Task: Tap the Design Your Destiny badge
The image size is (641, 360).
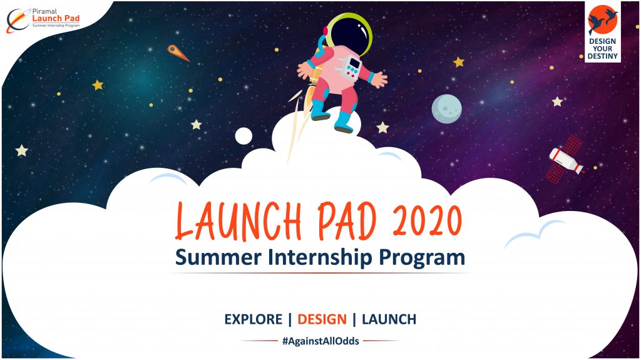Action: [602, 32]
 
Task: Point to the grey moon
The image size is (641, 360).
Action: [446, 108]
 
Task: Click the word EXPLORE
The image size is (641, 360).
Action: [253, 319]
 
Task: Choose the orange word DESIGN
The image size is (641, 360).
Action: [322, 319]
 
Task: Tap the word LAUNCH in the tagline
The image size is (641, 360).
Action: [389, 319]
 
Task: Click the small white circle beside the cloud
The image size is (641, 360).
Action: [244, 135]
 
